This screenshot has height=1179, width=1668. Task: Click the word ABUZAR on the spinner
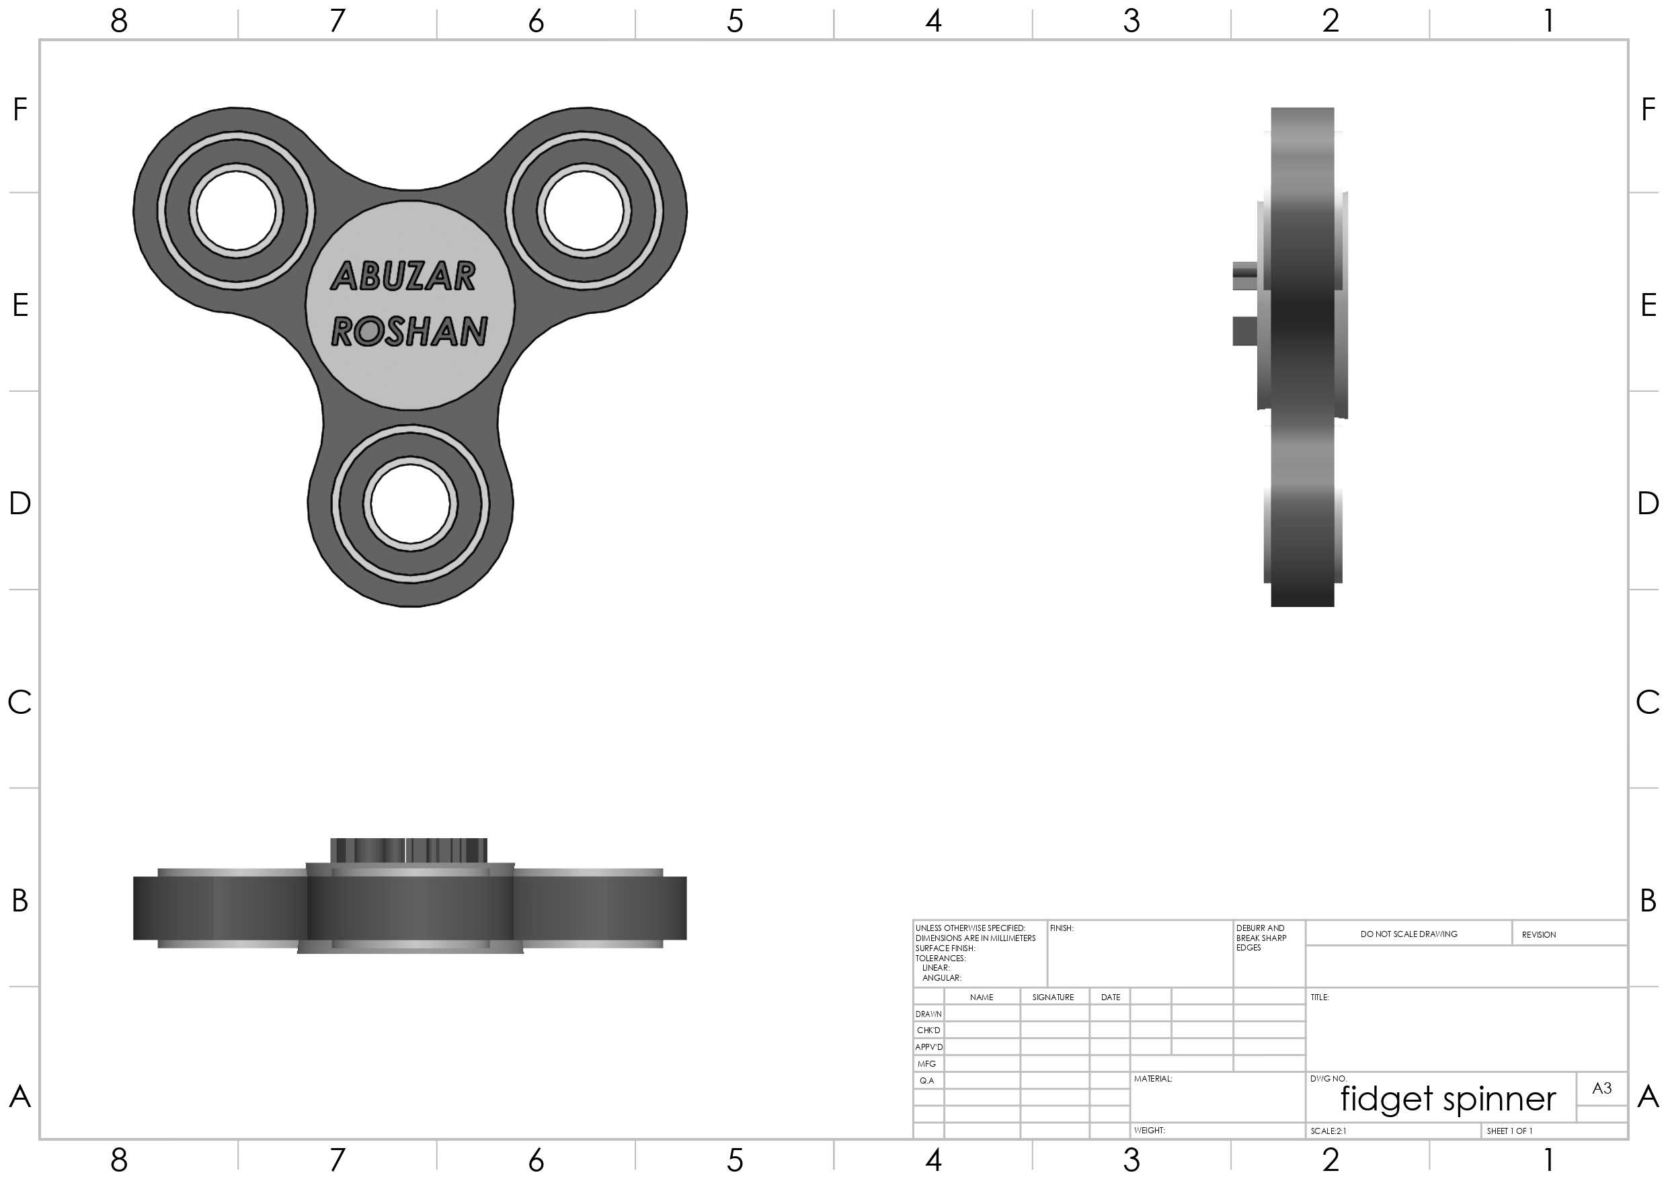pyautogui.click(x=403, y=276)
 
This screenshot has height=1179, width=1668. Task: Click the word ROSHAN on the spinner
pyautogui.click(x=409, y=331)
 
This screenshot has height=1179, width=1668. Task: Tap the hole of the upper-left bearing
pyautogui.click(x=236, y=210)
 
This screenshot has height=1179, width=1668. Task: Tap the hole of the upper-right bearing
pyautogui.click(x=584, y=210)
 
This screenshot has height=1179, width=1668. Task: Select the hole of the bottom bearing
pyautogui.click(x=411, y=503)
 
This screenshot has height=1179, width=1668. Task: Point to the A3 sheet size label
pyautogui.click(x=1602, y=1088)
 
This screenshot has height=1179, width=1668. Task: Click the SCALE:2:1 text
pyautogui.click(x=1328, y=1131)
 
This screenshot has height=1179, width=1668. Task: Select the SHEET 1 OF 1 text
pyautogui.click(x=1509, y=1131)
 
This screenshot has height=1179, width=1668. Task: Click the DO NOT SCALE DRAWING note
pyautogui.click(x=1408, y=934)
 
